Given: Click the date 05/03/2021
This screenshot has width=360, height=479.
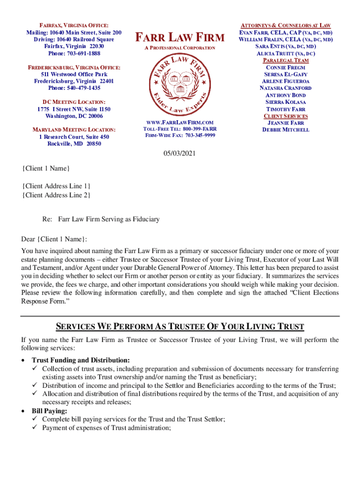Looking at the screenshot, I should pos(179,153).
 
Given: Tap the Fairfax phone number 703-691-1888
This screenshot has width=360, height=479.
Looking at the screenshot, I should pos(74,54).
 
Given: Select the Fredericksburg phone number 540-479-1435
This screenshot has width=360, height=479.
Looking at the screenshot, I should pos(74,88).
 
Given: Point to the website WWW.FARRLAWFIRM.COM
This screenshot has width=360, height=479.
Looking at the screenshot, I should pos(180,122).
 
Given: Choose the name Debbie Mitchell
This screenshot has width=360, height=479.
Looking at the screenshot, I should pos(286,130).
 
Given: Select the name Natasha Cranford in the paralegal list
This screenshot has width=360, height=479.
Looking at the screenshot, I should pos(285,88).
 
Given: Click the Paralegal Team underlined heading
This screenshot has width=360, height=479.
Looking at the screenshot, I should pos(285,61).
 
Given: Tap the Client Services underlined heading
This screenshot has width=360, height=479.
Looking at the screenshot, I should pos(285,116).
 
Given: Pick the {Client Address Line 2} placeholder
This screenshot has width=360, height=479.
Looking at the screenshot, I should pos(57,195).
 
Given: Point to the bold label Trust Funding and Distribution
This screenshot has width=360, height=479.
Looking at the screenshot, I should pos(80,360).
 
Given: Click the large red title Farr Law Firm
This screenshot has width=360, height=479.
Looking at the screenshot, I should pos(180,36).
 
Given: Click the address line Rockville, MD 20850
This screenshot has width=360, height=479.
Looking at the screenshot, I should pos(74,144).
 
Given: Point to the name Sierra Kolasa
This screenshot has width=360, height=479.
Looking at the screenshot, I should pos(285,102).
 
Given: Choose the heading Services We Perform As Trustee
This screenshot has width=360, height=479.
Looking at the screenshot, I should pos(180,327).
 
